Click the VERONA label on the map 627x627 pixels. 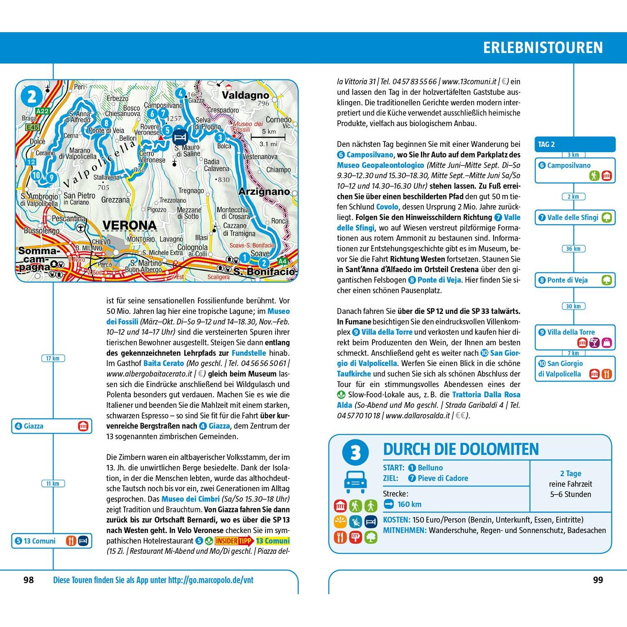130,225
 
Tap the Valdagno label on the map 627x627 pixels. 245,95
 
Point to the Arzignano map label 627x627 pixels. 264,191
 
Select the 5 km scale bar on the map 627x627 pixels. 268,136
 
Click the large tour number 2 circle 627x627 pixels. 32,97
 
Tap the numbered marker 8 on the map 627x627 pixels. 107,122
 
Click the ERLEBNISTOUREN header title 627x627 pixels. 543,47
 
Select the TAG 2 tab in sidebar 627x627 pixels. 574,144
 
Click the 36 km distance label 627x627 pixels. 573,249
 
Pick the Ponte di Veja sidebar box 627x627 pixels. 575,280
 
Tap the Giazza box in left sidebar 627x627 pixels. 51,426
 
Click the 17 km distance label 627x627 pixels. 53,358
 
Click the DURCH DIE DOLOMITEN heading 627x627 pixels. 461,449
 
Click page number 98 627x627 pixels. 28,580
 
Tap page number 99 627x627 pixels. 598,580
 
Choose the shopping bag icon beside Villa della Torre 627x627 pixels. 607,343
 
